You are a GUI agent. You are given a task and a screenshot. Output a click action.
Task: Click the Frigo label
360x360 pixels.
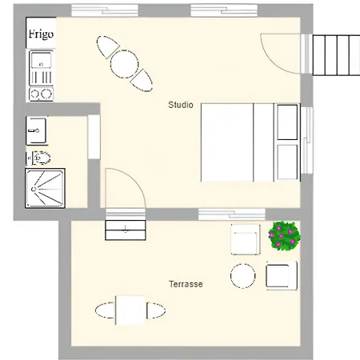coord(41,34)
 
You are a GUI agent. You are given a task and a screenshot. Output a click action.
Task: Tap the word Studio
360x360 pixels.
coord(181,105)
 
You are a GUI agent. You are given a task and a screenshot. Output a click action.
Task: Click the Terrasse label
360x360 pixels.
coord(186,284)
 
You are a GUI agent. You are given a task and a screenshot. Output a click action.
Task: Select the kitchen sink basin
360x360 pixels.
coord(41,60)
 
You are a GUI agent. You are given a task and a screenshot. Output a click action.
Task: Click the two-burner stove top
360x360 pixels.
coord(41,94)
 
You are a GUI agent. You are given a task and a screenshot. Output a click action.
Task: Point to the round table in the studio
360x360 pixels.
coord(125,64)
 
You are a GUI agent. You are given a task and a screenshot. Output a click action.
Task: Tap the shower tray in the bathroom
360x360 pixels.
coord(45,188)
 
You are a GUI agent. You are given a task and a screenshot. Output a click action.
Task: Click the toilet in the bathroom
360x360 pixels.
coord(39,158)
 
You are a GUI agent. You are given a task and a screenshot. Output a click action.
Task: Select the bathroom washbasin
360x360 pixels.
coord(37,130)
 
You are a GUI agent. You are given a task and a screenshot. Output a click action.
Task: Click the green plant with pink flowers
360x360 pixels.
coord(284,236)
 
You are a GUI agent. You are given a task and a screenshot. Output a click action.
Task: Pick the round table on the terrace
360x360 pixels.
coord(242,276)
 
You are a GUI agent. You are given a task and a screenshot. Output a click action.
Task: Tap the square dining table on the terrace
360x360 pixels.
coord(130,310)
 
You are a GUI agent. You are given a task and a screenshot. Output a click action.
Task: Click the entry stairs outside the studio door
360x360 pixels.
coord(336,54)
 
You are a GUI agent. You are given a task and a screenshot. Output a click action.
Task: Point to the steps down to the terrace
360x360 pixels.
coord(126,230)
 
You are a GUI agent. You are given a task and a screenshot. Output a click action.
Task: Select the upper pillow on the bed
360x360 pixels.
coord(287,122)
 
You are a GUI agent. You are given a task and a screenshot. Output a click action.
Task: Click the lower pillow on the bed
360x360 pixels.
coord(287,162)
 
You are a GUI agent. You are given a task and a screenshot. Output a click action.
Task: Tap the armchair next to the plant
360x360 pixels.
coord(246,239)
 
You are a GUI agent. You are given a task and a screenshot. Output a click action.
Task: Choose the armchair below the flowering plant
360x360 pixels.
coord(282,276)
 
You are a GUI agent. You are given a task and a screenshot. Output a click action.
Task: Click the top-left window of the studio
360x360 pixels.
coord(105,10)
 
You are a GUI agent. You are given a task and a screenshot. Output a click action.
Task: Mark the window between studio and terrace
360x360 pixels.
coord(232,214)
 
